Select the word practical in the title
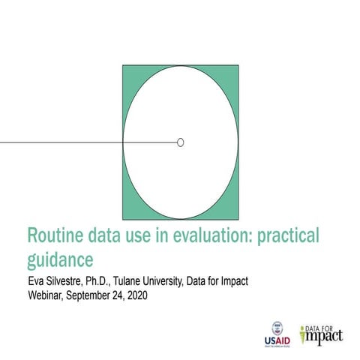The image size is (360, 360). coord(288,236)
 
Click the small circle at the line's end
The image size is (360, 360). coord(180,142)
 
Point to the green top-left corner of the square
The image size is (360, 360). coord(127,70)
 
